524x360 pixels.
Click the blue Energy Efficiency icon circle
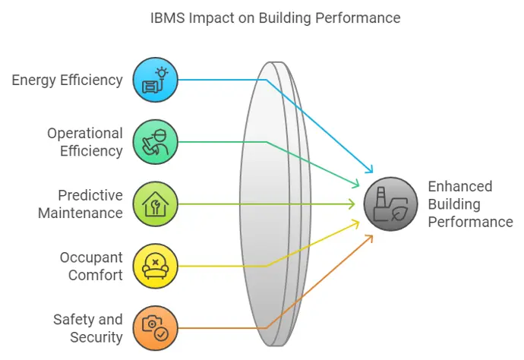pos(156,80)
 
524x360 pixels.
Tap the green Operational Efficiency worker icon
pos(156,142)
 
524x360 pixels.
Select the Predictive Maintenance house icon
pos(156,204)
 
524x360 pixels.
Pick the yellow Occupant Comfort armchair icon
pos(156,266)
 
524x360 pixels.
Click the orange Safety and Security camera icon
pos(156,328)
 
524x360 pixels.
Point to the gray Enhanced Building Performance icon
pos(390,204)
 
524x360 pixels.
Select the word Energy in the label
pos(33,81)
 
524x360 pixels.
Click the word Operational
pos(85,134)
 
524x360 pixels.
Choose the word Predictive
pos(90,195)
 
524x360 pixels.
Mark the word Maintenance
pos(80,213)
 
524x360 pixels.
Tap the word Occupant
pos(91,258)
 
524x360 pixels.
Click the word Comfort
pos(96,276)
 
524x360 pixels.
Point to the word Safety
pos(74,321)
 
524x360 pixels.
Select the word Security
pos(96,338)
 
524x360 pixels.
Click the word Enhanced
pos(460,187)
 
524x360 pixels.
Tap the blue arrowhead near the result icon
pos(369,169)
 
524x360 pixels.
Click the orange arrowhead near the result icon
pos(369,238)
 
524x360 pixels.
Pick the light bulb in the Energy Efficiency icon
pos(162,73)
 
